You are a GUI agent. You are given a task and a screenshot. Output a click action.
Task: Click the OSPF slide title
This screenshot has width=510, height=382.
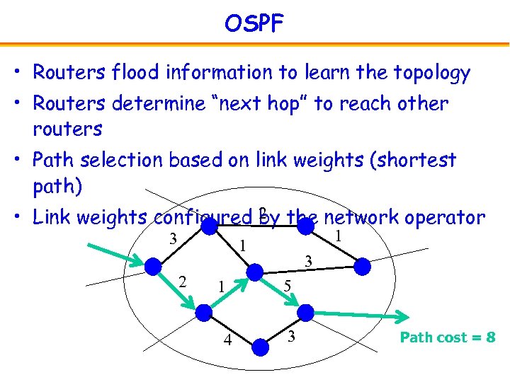254,24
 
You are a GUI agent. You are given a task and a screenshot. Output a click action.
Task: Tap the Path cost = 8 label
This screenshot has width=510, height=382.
447,337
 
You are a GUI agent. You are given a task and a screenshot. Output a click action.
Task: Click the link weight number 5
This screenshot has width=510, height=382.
286,286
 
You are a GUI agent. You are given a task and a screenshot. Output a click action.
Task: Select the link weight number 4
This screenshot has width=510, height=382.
227,340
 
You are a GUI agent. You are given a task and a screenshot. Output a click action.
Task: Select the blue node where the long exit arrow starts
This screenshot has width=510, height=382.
305,312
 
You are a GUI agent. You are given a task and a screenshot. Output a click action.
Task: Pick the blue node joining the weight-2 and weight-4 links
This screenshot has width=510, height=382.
204,312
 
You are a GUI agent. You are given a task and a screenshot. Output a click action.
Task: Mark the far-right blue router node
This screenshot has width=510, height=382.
362,266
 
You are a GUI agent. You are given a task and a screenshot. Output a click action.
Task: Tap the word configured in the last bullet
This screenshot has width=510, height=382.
203,217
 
